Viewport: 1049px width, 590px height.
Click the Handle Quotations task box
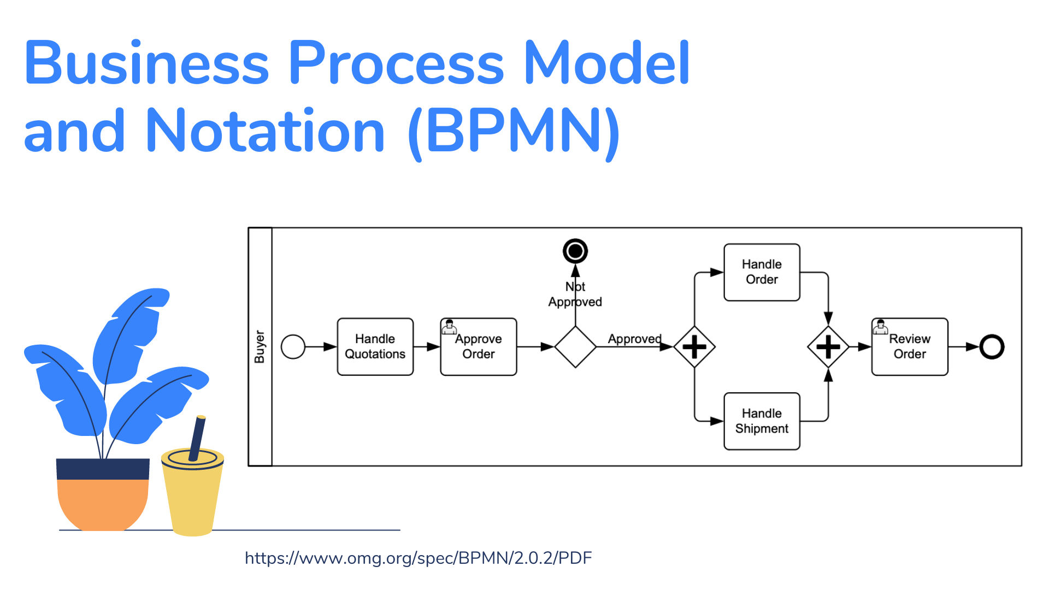tap(375, 347)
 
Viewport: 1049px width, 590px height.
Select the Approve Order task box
tap(478, 347)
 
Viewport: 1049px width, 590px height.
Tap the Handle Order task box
tap(762, 272)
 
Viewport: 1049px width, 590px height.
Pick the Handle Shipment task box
tap(762, 421)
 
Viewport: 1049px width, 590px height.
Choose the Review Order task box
tap(910, 347)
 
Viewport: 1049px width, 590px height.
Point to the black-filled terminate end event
tap(575, 251)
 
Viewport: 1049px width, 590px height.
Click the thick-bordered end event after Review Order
tap(992, 347)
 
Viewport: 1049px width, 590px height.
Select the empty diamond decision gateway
tap(575, 347)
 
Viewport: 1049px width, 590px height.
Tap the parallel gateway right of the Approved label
tap(694, 347)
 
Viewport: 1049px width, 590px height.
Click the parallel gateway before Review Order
tap(828, 347)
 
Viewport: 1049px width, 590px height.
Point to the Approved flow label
tap(635, 339)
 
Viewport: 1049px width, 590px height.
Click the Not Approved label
tap(575, 294)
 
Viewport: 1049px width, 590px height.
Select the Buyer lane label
tap(260, 346)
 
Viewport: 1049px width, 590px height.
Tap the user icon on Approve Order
tap(449, 327)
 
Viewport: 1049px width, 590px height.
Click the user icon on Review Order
tap(880, 327)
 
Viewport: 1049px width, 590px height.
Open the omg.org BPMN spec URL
tap(419, 558)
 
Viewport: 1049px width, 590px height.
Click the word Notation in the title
tap(266, 131)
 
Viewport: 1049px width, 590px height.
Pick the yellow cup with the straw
tap(192, 476)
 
